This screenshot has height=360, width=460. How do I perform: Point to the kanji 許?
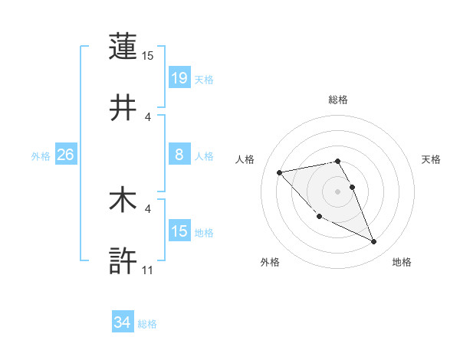pos(123,260)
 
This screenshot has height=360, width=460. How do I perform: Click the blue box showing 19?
pos(179,77)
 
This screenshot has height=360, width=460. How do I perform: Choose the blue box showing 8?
pos(179,155)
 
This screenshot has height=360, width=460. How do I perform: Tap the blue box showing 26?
pos(65,155)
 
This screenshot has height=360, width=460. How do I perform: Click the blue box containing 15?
pos(179,231)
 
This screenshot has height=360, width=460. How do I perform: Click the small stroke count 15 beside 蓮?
pos(147,56)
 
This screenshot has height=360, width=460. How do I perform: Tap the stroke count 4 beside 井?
pos(148,116)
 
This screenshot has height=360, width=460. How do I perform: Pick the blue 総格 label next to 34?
pos(147,324)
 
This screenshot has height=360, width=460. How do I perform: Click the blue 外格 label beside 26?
pos(41,156)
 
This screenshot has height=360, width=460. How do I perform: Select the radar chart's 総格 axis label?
pos(338,100)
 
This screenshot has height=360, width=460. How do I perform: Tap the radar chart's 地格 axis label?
pos(402,263)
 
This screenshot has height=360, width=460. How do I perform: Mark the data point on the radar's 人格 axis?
pos(280,172)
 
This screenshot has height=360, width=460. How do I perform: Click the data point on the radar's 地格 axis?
pos(374,242)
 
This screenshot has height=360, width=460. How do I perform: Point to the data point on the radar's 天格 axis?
pos(353,187)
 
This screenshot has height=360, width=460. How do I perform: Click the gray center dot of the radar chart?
pos(338,191)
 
